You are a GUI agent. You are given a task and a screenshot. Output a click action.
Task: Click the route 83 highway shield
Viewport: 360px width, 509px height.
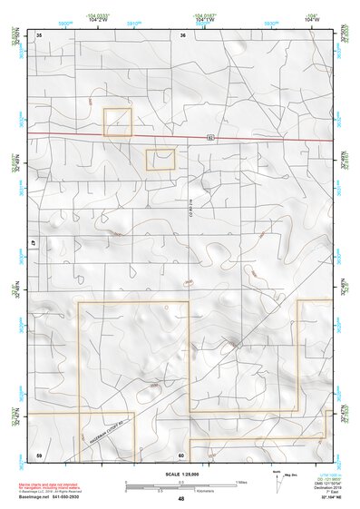pyautogui.click(x=210, y=139)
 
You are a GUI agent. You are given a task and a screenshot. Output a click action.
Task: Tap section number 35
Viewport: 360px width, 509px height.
pyautogui.click(x=40, y=34)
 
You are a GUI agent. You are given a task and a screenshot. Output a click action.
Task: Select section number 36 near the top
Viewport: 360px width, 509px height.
pyautogui.click(x=182, y=34)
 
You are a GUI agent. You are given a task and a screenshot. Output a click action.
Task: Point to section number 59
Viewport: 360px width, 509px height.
pyautogui.click(x=39, y=454)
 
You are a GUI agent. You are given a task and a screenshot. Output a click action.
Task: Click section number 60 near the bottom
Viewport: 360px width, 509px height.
pyautogui.click(x=181, y=455)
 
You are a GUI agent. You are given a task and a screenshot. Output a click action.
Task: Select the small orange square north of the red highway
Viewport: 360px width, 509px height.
pyautogui.click(x=118, y=122)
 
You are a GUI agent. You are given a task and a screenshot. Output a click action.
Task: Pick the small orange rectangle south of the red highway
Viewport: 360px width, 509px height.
pyautogui.click(x=160, y=160)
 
